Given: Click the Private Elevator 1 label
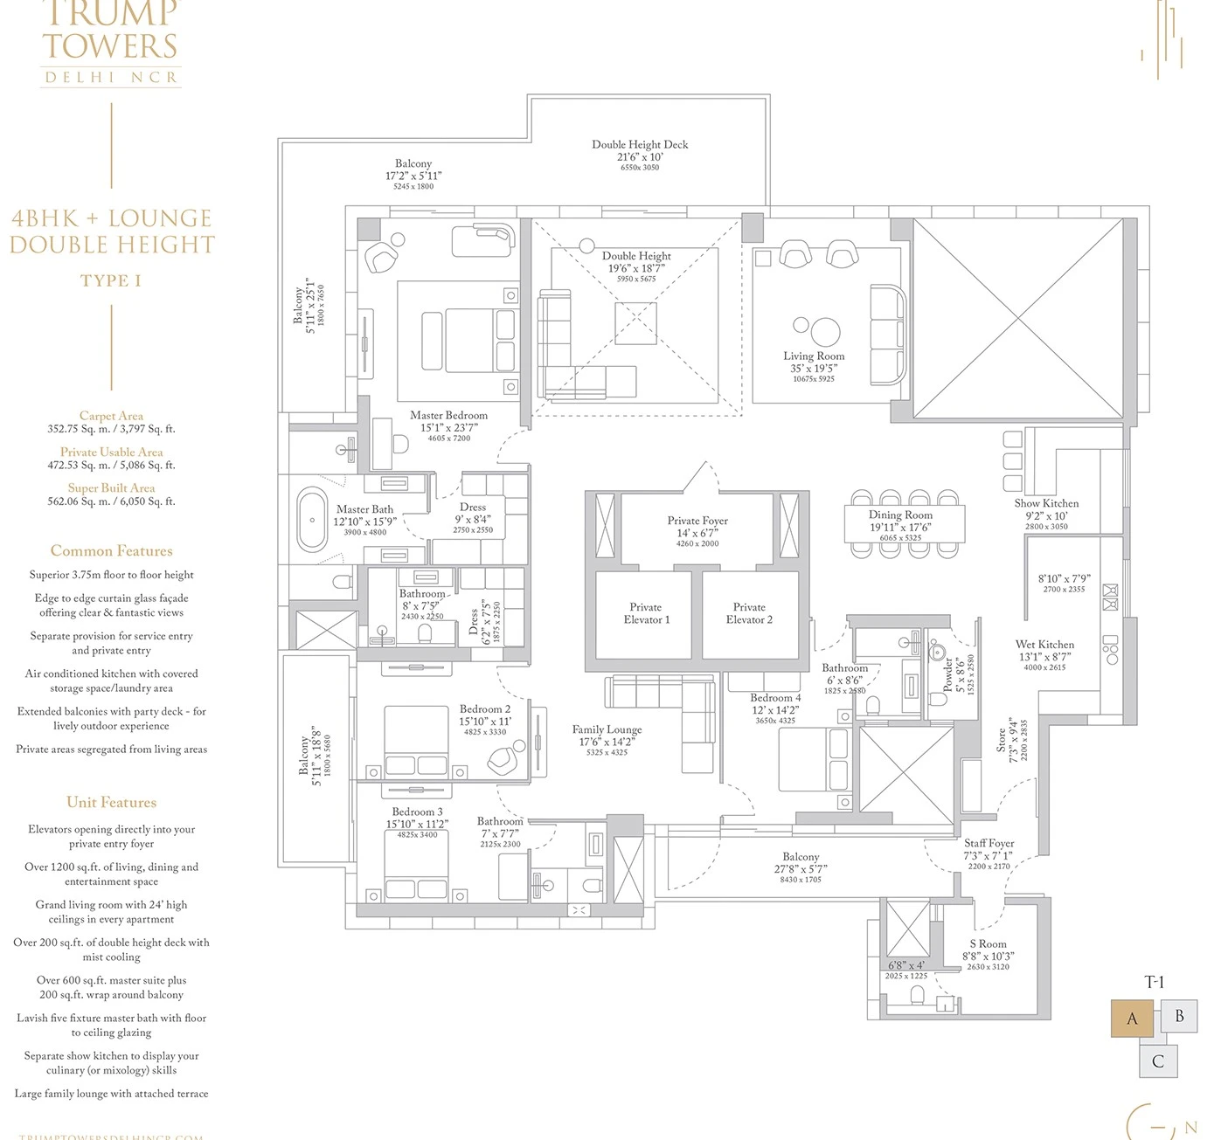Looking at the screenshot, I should (646, 613).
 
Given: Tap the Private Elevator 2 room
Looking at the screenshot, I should (750, 614).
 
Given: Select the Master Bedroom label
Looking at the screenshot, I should (448, 416).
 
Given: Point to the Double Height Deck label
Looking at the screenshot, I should (640, 145).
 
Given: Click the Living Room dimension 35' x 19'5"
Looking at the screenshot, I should (813, 369).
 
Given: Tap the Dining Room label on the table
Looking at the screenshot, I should (900, 515).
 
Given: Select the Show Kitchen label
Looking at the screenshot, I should (1046, 503).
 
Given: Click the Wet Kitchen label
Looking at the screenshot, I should (1044, 645).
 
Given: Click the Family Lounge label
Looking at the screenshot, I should (607, 729).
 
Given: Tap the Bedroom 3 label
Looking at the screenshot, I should (417, 812).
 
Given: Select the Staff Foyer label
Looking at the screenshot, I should (989, 844).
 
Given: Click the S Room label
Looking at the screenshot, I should (988, 944).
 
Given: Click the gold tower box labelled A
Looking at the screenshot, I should (1132, 1019).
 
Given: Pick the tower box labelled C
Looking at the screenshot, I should (1157, 1061).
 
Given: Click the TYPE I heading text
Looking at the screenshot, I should (111, 280).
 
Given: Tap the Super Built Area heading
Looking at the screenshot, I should (111, 488).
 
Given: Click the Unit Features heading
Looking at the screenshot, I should (111, 802).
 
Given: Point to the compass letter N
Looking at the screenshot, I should (1190, 1127).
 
